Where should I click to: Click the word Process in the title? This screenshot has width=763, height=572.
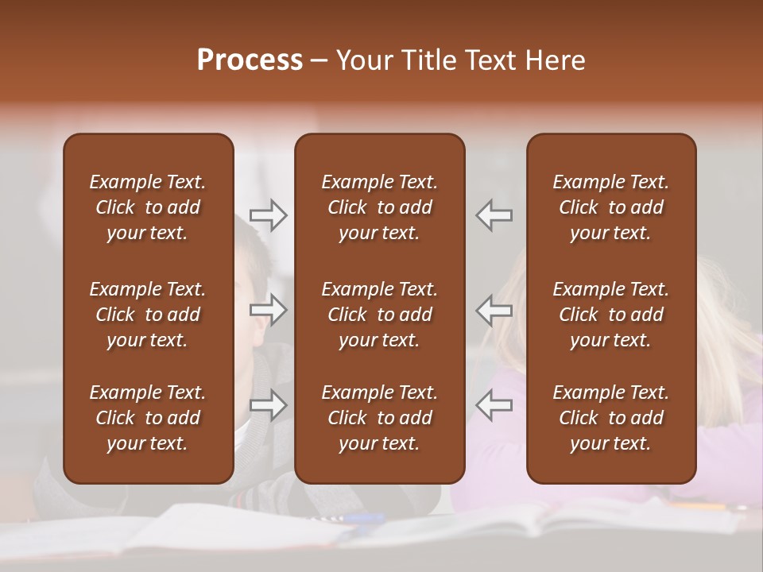(x=250, y=60)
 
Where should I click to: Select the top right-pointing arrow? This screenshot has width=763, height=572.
(x=269, y=215)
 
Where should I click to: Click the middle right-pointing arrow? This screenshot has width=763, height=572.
(x=269, y=310)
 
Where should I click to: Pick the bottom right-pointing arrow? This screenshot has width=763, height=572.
(x=269, y=405)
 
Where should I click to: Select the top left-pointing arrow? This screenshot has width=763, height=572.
(x=494, y=215)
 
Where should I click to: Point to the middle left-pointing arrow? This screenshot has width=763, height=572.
(x=494, y=310)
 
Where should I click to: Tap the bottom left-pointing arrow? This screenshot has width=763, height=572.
(x=494, y=405)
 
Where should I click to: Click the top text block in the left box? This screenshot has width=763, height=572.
(x=148, y=207)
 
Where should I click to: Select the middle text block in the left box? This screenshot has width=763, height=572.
(x=148, y=315)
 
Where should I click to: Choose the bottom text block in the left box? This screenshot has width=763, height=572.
(x=148, y=418)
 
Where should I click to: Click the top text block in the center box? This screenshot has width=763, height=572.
(x=379, y=207)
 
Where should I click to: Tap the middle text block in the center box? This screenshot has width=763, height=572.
(x=379, y=315)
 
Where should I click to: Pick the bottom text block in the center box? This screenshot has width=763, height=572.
(x=379, y=418)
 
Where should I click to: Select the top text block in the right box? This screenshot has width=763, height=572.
(x=610, y=207)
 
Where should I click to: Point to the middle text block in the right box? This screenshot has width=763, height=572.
(x=610, y=315)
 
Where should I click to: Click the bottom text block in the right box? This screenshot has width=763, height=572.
(x=610, y=418)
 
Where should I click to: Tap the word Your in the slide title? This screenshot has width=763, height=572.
(x=363, y=60)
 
